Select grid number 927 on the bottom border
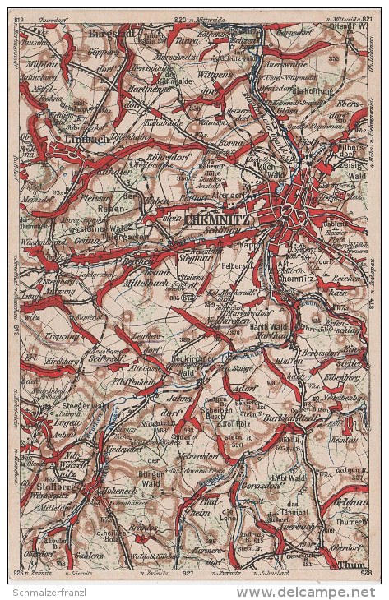[x=188, y=571]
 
